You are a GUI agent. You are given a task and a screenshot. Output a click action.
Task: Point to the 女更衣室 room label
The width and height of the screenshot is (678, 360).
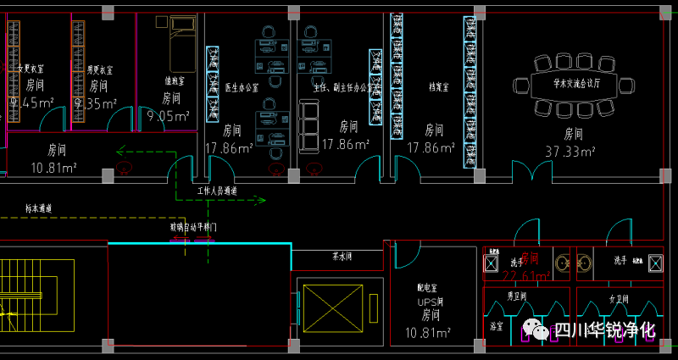coord(31,69)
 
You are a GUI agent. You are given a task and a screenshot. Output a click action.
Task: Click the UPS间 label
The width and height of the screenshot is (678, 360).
coord(430,301)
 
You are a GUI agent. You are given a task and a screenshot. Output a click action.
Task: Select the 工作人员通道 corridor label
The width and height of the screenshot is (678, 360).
coord(217,191)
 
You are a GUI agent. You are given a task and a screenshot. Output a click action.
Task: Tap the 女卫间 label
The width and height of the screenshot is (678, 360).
coord(616,297)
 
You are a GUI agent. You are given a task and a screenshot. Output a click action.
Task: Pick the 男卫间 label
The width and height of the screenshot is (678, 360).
coord(517,296)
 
